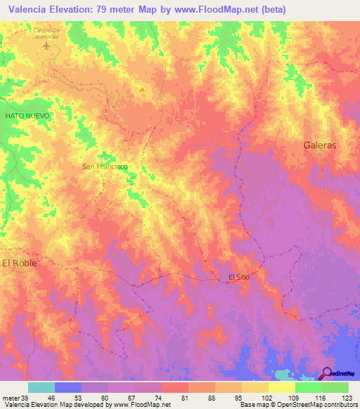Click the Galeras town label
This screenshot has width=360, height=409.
point(320,145)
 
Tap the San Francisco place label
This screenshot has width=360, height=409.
point(105,167)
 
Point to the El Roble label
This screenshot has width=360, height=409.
point(19,262)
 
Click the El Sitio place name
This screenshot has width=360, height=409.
point(239,277)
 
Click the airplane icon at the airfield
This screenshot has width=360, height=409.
point(47,46)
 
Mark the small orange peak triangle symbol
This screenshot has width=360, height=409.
point(141,89)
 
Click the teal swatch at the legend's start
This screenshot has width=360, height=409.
point(41,387)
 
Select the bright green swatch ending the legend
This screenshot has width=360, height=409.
point(335,387)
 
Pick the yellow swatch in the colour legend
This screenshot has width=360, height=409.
point(281,387)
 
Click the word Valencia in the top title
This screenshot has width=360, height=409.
point(30,9)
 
